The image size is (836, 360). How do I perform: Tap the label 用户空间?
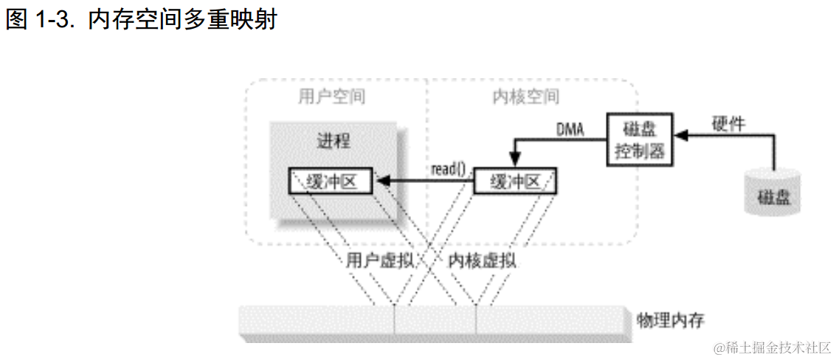point(331,97)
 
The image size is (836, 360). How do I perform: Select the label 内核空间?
point(525,97)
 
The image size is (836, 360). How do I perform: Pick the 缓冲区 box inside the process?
point(331,181)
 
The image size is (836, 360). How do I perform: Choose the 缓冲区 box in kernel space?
point(514,181)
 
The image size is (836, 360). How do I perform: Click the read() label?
point(448,169)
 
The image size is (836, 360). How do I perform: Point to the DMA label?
point(569,131)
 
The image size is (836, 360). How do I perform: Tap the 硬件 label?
point(728,123)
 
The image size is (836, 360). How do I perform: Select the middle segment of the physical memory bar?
point(435,321)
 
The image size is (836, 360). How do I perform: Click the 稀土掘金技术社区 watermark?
point(773,347)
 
